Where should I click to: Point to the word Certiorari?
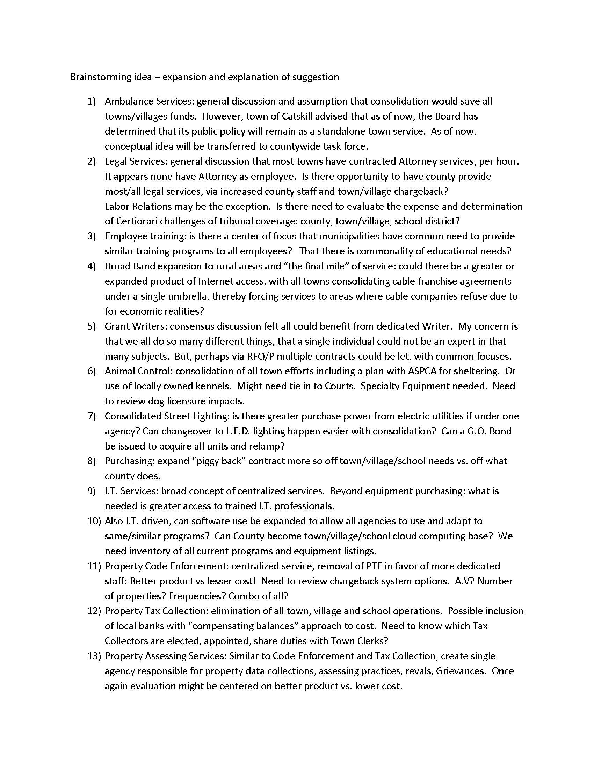(135, 221)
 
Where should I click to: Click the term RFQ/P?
(258, 356)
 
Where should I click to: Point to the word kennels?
(215, 386)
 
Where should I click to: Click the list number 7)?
(92, 416)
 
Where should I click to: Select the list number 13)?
(94, 656)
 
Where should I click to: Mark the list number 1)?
(92, 101)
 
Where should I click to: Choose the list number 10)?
(94, 521)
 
